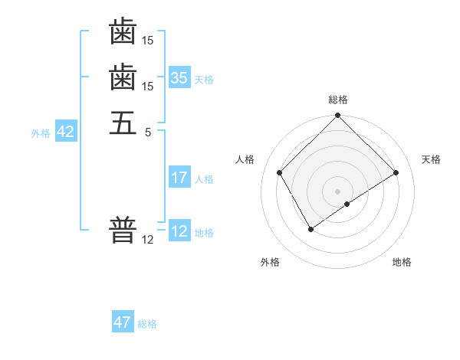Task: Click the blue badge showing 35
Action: tap(179, 77)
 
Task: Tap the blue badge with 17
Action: tap(179, 178)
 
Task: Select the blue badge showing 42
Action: tap(66, 132)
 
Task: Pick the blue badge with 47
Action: tap(123, 322)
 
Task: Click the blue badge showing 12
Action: tap(179, 231)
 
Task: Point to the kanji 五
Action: tap(123, 123)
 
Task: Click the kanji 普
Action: tap(123, 229)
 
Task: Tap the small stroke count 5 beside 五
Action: tap(148, 131)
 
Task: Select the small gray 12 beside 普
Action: tap(148, 239)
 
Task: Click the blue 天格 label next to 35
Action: tap(204, 79)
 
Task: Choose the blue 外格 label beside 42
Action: tap(41, 133)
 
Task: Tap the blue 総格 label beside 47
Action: tap(147, 324)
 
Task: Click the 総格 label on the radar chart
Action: tap(337, 100)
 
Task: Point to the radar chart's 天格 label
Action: tap(431, 159)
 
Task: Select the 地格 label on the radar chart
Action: tap(402, 262)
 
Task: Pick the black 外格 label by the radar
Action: tap(270, 262)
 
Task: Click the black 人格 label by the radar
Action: tap(245, 159)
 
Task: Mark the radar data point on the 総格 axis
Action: tap(337, 116)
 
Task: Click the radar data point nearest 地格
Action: tap(347, 204)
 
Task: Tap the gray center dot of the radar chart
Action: tap(337, 191)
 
